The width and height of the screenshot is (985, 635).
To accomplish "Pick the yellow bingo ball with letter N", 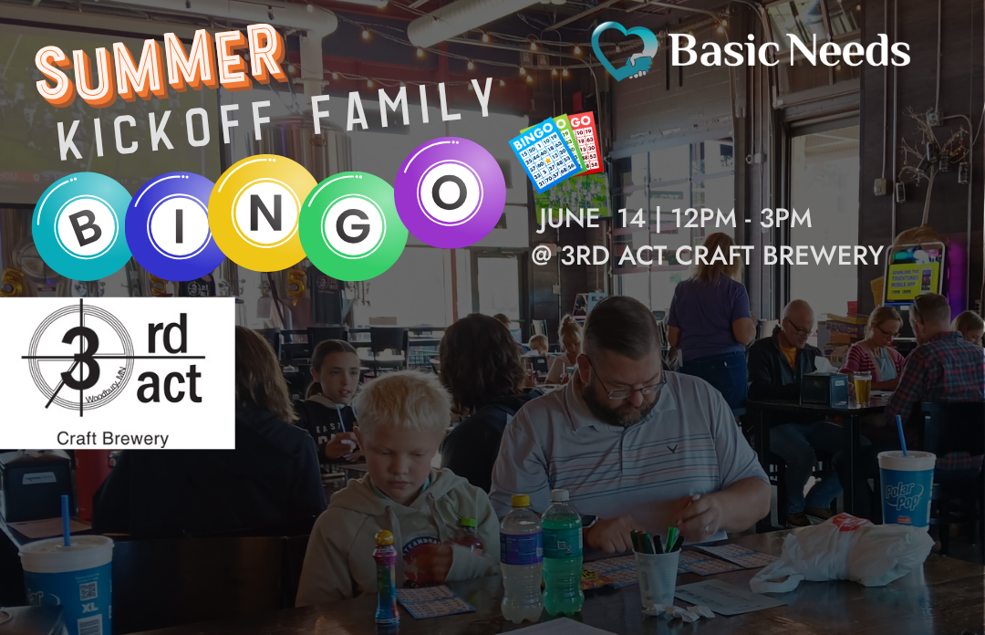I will (264, 212).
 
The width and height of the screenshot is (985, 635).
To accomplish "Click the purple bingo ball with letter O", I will (451, 192).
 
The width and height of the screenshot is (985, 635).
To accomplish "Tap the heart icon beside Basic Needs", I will (624, 51).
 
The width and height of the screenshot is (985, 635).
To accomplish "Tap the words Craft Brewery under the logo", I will (113, 439).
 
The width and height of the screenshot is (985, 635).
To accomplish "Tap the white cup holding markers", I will (656, 574).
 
